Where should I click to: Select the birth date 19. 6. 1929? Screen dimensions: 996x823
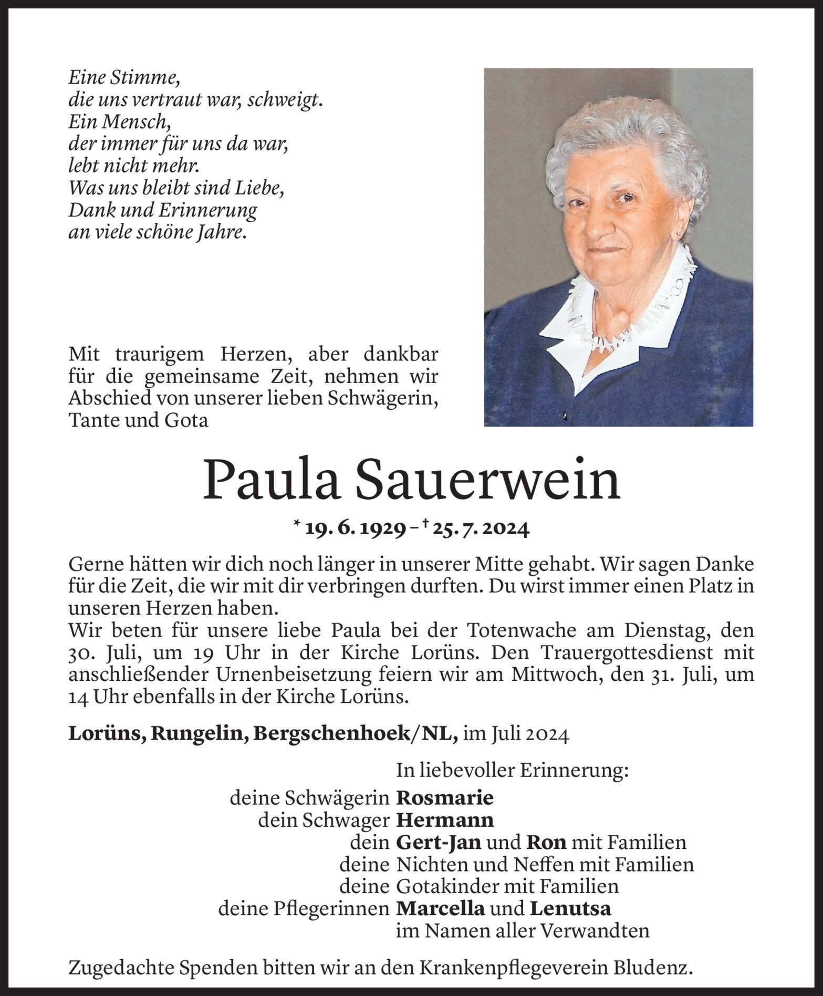355,529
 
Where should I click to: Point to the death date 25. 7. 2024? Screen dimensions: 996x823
480,529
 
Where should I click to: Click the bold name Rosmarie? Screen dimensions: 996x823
445,798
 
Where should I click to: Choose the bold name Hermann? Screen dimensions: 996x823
445,820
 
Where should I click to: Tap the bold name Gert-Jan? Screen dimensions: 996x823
439,842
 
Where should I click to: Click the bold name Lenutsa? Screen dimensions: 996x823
570,908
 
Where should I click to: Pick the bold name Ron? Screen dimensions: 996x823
546,842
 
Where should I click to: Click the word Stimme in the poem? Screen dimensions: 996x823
142,78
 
